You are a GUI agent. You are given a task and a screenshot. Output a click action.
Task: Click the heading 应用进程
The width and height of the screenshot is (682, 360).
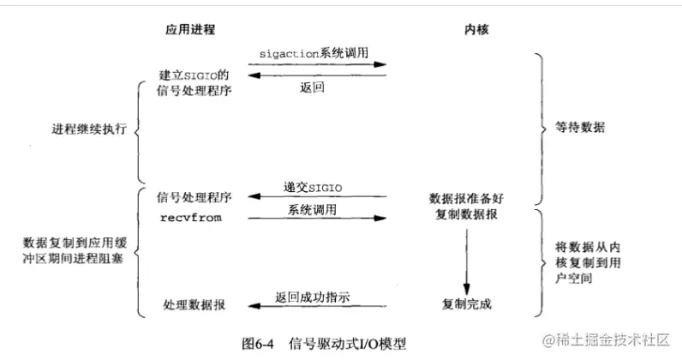tap(190, 29)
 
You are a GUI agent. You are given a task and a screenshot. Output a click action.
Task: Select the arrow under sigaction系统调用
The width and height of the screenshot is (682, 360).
tap(314, 64)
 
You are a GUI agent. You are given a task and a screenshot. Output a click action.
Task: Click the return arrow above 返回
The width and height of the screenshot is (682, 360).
tap(314, 77)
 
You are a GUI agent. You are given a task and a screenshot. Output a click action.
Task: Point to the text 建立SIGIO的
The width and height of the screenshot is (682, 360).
tap(194, 74)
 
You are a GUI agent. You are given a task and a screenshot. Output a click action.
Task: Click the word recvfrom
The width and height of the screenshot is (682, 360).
tap(190, 218)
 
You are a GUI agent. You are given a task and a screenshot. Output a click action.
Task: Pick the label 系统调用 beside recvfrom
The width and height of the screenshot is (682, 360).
tap(314, 209)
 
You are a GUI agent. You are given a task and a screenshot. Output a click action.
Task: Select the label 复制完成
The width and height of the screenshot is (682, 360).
tap(467, 304)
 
